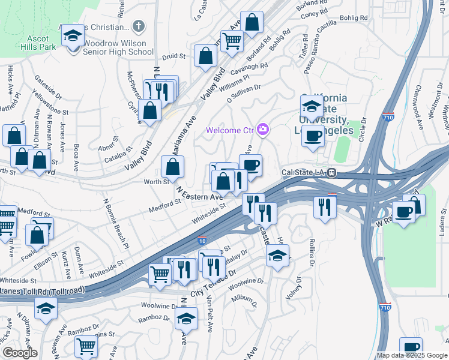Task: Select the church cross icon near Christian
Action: click(x=139, y=26)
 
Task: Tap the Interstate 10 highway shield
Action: click(x=202, y=241)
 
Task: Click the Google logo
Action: click(x=20, y=353)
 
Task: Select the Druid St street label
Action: click(x=174, y=56)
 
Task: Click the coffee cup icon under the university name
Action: click(x=312, y=135)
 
